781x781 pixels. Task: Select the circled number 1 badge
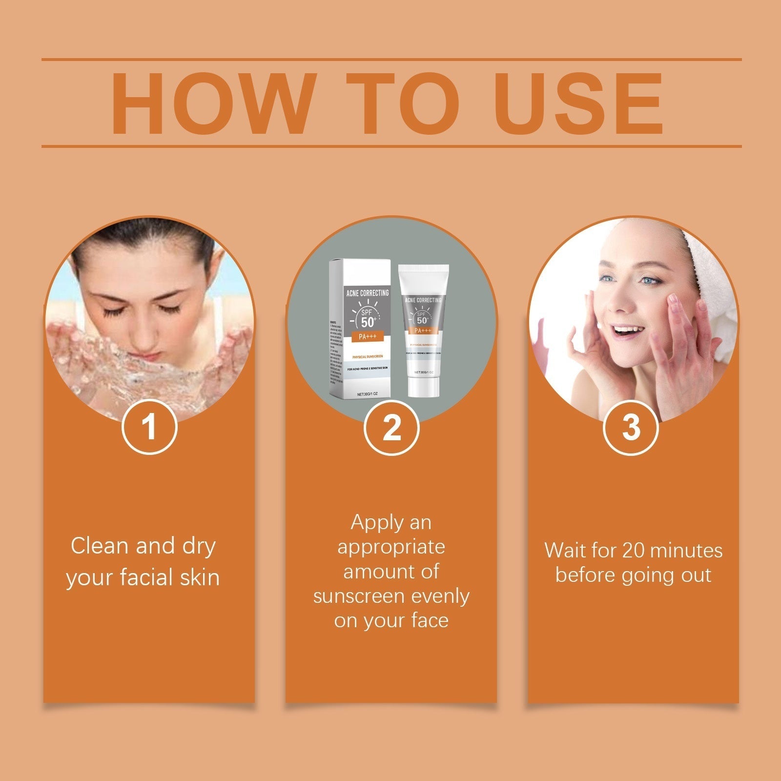point(149,427)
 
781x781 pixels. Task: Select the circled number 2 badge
point(391,427)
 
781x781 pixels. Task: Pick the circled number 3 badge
point(631,427)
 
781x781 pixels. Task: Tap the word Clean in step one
point(100,546)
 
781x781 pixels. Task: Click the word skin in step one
point(199,577)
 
